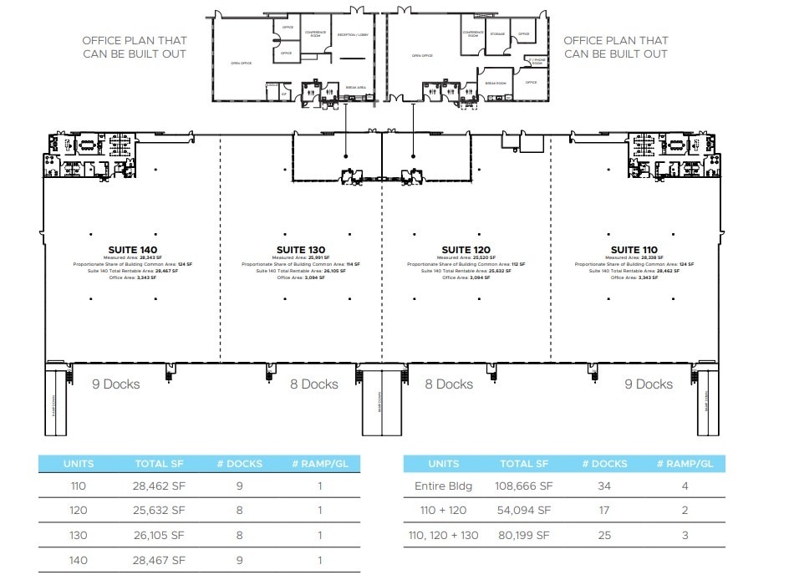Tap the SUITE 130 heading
pos(301,250)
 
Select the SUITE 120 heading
pos(467,250)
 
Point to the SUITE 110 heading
pos(634,250)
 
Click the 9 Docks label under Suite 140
pos(115,384)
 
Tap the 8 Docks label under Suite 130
pos(313,384)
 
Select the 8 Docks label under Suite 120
pos(448,384)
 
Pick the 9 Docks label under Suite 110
pos(648,384)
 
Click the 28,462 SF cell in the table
pos(159,486)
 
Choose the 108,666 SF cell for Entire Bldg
pos(525,486)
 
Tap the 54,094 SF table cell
pos(525,510)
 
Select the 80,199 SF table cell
pos(525,534)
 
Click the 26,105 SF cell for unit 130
pos(159,534)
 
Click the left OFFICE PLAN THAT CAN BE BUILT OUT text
pos(134,47)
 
